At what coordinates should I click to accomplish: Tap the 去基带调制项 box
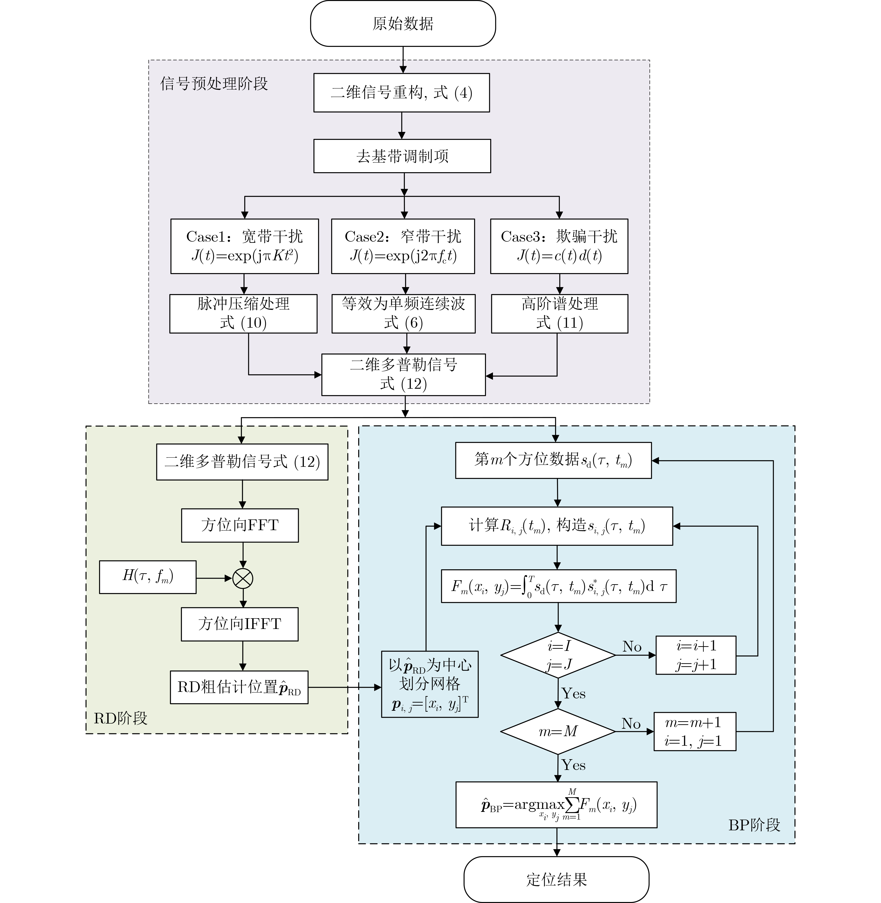coord(402,156)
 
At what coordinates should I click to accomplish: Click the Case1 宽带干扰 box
coord(244,246)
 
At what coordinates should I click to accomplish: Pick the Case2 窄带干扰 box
coord(403,246)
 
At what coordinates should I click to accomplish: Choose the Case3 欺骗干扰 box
coord(559,246)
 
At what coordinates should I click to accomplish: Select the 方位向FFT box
coord(240,525)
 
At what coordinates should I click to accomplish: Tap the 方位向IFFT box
coord(240,624)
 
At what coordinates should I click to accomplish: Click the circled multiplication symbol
coord(242,578)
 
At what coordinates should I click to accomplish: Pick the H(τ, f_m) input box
coord(148,577)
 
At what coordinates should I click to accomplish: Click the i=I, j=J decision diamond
coord(558,655)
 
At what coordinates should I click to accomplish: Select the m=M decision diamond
coord(558,731)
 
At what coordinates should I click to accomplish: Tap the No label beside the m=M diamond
coord(631,724)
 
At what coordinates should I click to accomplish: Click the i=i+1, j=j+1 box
coord(696,655)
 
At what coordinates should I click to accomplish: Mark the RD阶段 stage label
coord(120,718)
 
